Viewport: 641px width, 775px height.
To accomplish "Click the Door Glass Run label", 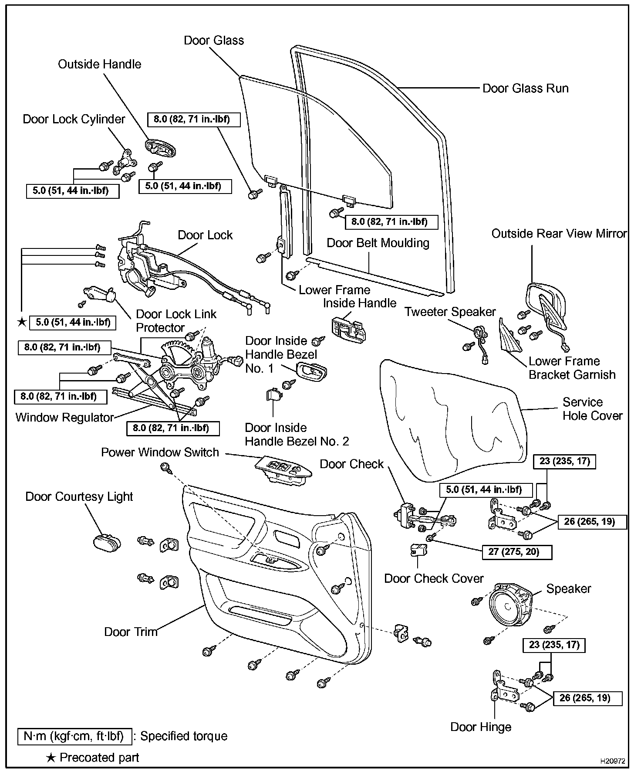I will (x=525, y=88).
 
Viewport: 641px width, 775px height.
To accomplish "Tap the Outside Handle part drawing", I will (x=160, y=147).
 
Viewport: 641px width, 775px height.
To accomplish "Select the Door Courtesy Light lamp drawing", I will (x=106, y=542).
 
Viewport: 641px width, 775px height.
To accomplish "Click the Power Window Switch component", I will (x=283, y=470).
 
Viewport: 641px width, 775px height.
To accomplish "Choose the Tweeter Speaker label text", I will (x=450, y=312).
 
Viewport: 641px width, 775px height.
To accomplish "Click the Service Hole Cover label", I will (x=592, y=409).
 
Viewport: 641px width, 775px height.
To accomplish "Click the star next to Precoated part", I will (x=51, y=758).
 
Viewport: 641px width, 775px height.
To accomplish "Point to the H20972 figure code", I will (x=613, y=761).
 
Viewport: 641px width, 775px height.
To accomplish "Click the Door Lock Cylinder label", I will (x=74, y=119).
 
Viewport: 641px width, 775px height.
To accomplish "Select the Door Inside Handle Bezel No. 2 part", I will (x=273, y=394).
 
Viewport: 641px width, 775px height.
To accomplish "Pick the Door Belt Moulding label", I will (x=378, y=243).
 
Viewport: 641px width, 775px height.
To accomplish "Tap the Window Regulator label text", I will (x=64, y=418).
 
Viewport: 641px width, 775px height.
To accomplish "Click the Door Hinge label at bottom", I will (x=480, y=727).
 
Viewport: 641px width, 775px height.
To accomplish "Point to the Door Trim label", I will (x=131, y=632).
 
